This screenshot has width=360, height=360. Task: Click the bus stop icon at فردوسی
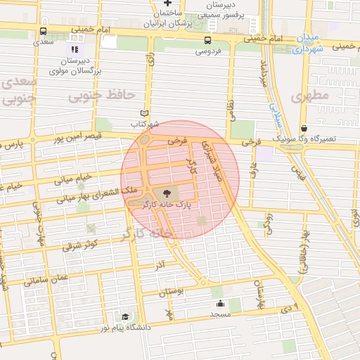(207, 40)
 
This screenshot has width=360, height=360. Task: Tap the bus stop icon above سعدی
(44, 31)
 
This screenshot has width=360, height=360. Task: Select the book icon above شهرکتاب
(145, 112)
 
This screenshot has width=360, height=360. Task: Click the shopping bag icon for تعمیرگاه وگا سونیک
(304, 129)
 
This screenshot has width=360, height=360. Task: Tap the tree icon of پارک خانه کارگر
(166, 193)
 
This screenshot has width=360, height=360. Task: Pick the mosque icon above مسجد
(221, 304)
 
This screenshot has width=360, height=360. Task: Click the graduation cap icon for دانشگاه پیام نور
(124, 317)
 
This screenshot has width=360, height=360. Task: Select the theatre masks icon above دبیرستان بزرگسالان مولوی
(74, 49)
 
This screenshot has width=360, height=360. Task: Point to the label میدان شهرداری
(308, 44)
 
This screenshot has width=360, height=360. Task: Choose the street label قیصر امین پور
(79, 138)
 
